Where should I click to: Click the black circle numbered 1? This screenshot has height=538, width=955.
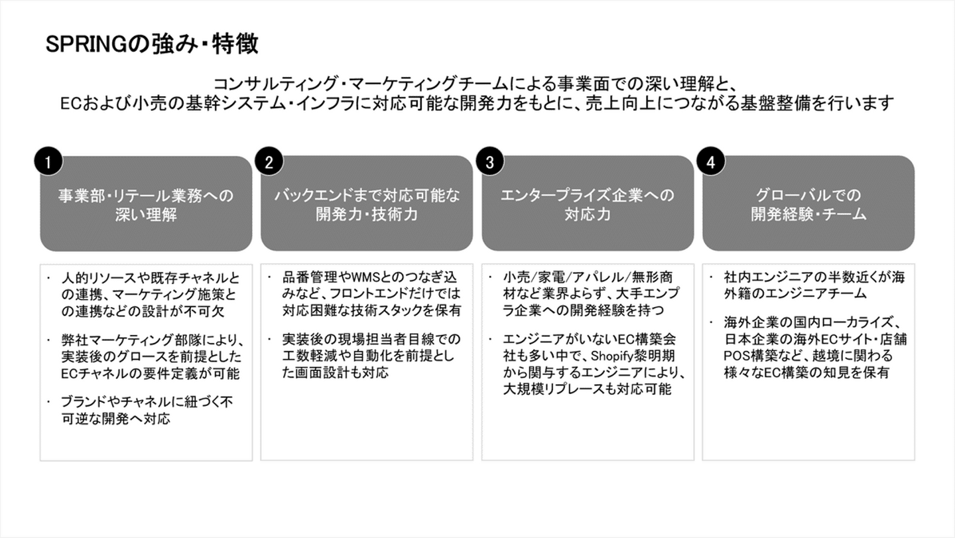pos(48,162)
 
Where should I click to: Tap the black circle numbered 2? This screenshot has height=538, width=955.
pos(269,162)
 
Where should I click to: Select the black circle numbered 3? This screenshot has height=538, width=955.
pos(490,162)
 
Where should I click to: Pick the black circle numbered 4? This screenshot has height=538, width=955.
pos(711,162)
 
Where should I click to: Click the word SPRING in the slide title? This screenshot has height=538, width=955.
pos(86,44)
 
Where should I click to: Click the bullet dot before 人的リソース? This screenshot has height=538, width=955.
pos(49,279)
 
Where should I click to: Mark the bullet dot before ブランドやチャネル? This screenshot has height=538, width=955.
pos(49,402)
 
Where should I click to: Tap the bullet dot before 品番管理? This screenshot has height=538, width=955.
pos(269,278)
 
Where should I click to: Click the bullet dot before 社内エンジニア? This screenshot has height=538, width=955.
pos(711,278)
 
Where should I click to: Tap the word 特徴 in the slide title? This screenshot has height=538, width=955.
pos(235,44)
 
